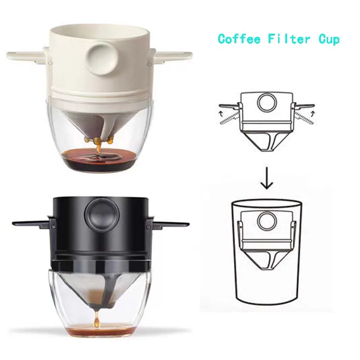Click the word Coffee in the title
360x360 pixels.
(239, 39)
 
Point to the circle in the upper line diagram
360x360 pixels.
(265, 102)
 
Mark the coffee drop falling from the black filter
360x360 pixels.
(95, 321)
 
